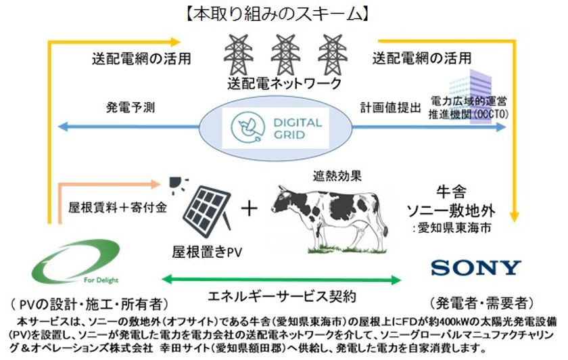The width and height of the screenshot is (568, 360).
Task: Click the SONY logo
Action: pyautogui.click(x=476, y=267)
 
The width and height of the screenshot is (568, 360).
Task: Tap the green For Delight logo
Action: pyautogui.click(x=75, y=262)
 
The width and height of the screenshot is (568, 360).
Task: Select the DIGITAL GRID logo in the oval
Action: pyautogui.click(x=275, y=128)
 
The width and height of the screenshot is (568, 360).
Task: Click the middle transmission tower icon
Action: pyautogui.click(x=285, y=55)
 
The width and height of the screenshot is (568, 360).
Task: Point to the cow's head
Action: pyautogui.click(x=283, y=201)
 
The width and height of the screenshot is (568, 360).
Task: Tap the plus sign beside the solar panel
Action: pyautogui.click(x=250, y=209)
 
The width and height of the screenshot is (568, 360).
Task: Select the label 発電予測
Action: pyautogui.click(x=131, y=108)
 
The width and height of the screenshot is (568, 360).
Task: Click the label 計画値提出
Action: pyautogui.click(x=391, y=108)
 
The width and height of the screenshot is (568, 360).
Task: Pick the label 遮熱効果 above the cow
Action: pyautogui.click(x=337, y=176)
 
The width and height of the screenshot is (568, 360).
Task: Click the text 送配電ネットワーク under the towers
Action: pyautogui.click(x=285, y=84)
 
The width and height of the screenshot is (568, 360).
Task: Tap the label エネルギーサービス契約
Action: pyautogui.click(x=282, y=296)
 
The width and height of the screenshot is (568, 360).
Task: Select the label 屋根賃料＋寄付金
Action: pyautogui.click(x=118, y=207)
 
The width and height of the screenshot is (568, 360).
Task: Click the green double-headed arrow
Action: pyautogui.click(x=281, y=279)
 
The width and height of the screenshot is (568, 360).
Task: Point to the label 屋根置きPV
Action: pyautogui.click(x=207, y=252)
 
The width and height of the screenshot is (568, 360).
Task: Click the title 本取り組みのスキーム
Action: pyautogui.click(x=277, y=14)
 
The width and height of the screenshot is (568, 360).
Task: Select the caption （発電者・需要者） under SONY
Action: pyautogui.click(x=481, y=302)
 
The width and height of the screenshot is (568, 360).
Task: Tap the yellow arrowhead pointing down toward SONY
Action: pyautogui.click(x=514, y=217)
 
